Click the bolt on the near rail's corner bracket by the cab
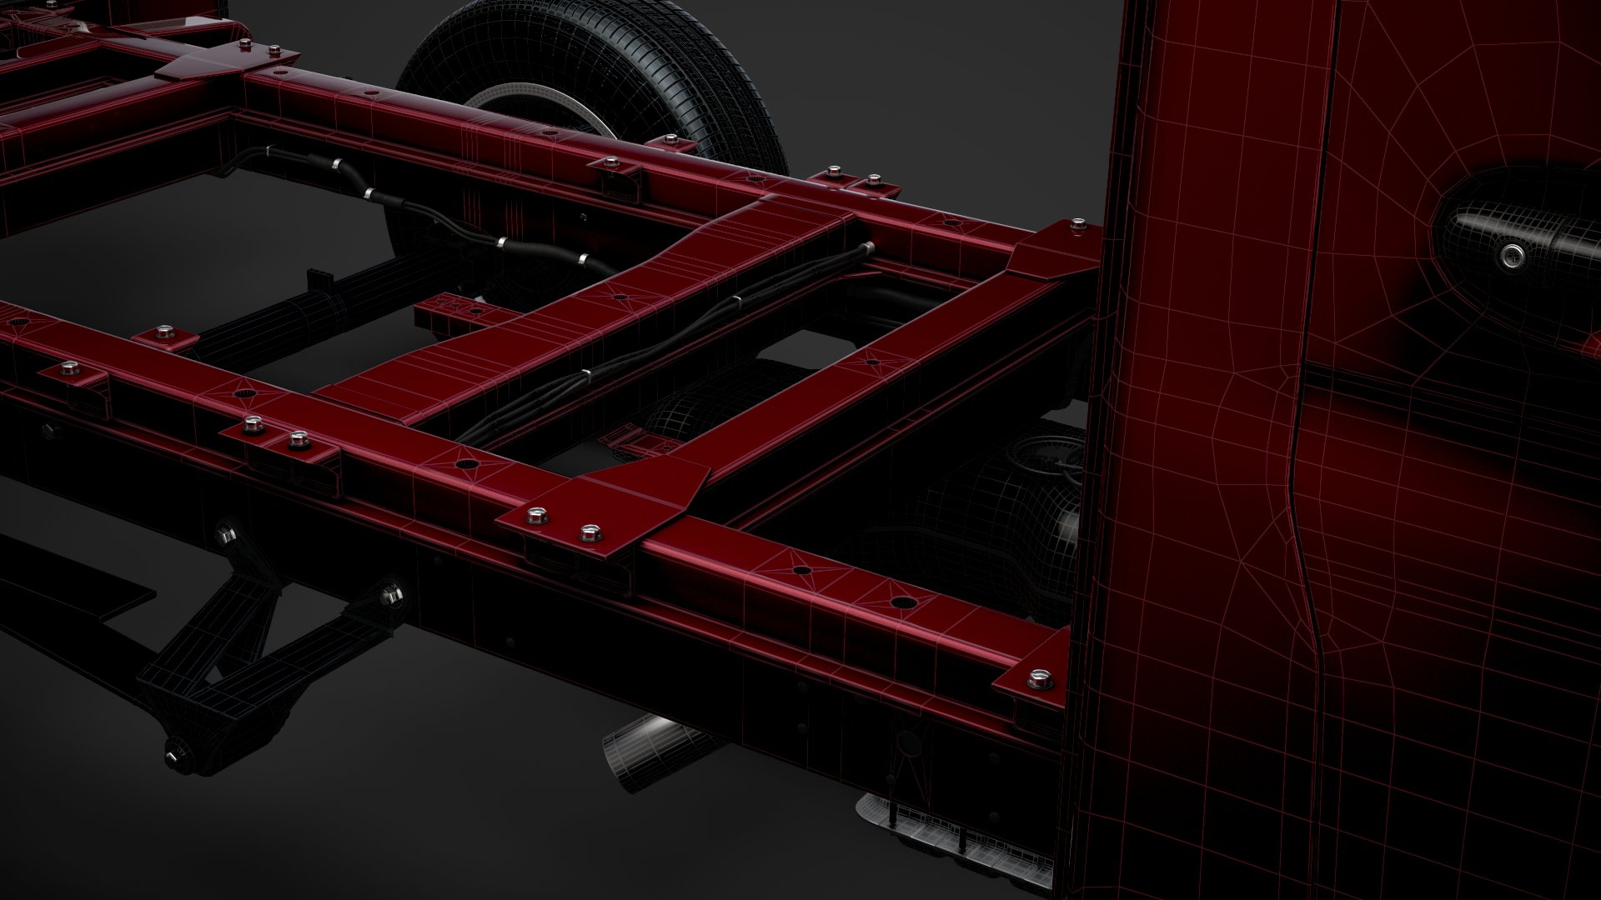pos(1038,679)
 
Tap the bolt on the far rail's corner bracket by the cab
pos(1079,224)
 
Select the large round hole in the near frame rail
pos(901,602)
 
